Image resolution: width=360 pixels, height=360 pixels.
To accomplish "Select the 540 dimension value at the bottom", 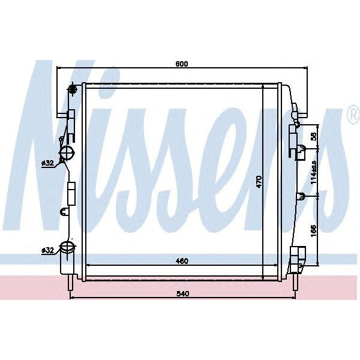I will click(x=183, y=293).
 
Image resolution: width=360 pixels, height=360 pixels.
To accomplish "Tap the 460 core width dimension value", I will click(x=182, y=261).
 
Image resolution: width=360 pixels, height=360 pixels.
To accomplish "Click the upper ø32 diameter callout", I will click(x=47, y=162).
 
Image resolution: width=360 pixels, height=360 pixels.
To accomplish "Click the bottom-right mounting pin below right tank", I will click(x=294, y=281).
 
